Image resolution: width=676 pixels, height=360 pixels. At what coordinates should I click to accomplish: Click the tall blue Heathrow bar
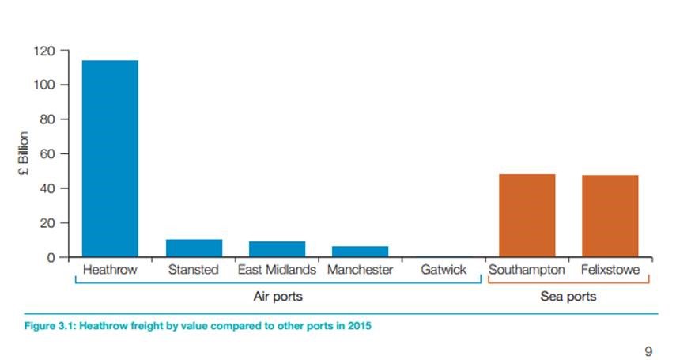point(110,158)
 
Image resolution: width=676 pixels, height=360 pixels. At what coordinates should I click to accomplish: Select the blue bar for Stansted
point(194,248)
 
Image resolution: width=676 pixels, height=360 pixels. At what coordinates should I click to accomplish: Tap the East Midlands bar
point(277,249)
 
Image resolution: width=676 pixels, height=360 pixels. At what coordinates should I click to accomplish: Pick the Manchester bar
point(360,252)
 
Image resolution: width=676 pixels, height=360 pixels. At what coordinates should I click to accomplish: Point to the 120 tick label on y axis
point(44,51)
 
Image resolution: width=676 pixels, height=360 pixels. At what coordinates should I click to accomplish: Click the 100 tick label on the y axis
point(44,85)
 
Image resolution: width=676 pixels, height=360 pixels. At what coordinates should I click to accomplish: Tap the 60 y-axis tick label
point(47,153)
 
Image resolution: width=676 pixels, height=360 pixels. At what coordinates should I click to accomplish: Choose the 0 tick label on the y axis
point(51,257)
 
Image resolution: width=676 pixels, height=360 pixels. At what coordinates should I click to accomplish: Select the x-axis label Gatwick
point(444,270)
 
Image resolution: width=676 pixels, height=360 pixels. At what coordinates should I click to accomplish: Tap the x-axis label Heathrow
point(110,270)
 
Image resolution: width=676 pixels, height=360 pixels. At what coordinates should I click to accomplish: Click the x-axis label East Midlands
point(277,270)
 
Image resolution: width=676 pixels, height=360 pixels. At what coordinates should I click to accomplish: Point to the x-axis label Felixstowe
point(610,270)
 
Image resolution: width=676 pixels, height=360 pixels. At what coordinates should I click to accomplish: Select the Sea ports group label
point(568,297)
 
